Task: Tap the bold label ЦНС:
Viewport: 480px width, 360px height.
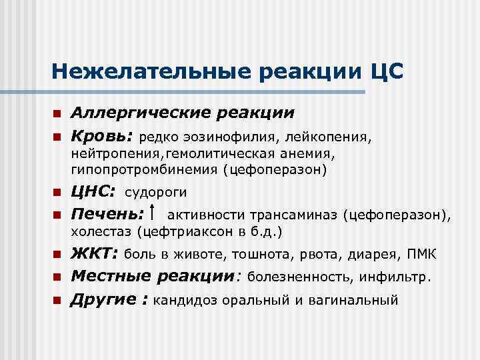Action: [x=94, y=192]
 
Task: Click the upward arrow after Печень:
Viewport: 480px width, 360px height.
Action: [x=155, y=213]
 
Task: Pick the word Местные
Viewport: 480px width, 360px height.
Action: [x=110, y=276]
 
